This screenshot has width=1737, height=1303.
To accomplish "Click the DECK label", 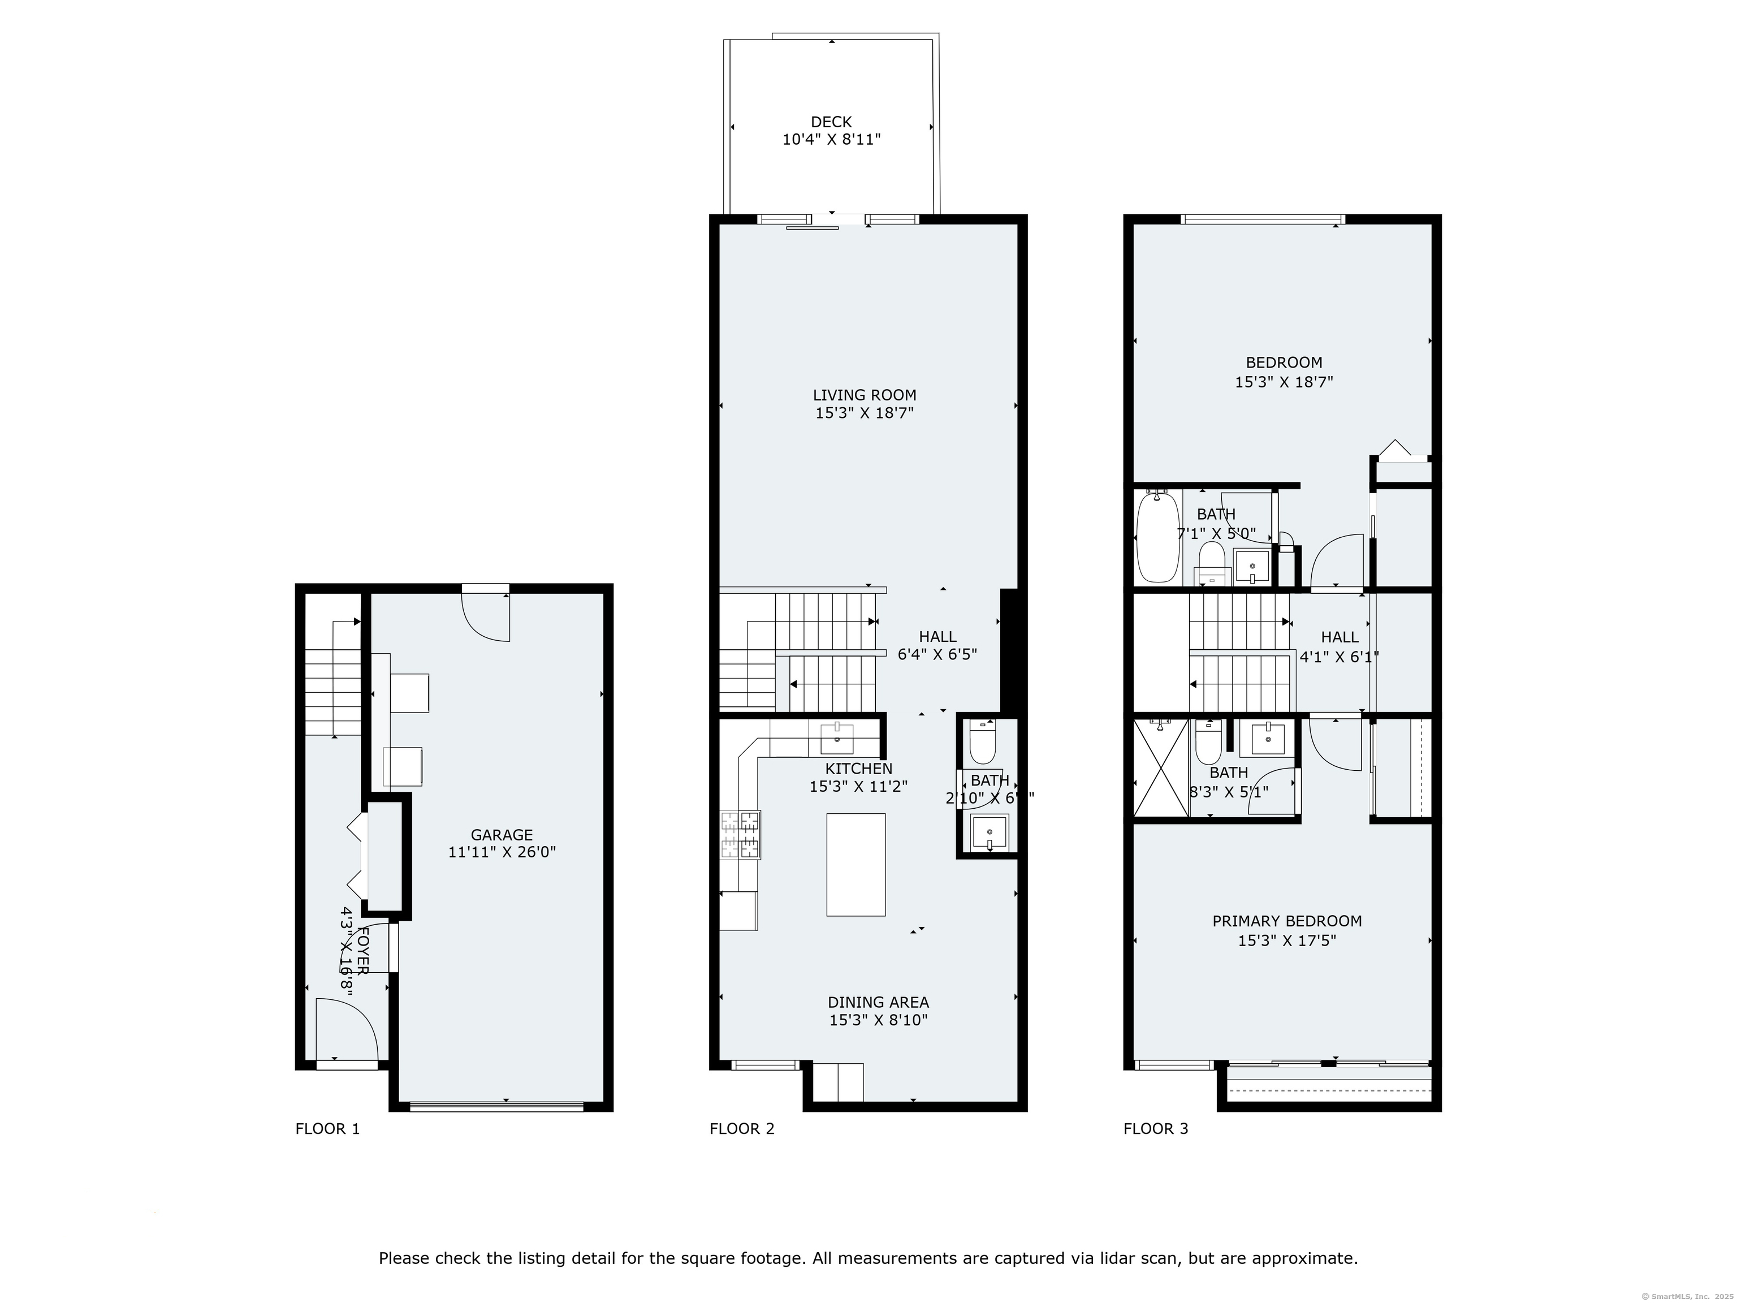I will click(831, 122).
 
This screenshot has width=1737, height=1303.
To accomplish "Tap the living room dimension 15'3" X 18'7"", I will click(865, 413).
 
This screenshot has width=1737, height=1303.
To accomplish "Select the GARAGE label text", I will click(502, 835).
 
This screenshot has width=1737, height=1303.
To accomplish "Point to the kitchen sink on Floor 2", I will click(837, 738).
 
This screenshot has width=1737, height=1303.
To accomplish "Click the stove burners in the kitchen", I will click(740, 835).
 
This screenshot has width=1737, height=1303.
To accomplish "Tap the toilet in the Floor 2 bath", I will click(982, 743).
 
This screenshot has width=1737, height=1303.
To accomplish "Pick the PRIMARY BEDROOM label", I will click(1286, 921).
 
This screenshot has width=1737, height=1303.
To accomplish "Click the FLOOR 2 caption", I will click(741, 1129).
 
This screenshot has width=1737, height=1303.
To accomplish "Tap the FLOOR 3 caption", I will click(1155, 1129).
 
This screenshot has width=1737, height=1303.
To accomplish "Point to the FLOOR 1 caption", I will click(327, 1129).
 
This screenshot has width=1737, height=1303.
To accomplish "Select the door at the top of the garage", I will click(487, 616).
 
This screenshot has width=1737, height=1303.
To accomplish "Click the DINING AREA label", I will click(878, 1002).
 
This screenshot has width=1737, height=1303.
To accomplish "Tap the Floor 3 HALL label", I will click(1339, 637).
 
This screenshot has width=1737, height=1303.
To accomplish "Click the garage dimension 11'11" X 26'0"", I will click(502, 853).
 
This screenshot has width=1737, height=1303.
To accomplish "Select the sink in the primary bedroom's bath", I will click(1268, 738).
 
